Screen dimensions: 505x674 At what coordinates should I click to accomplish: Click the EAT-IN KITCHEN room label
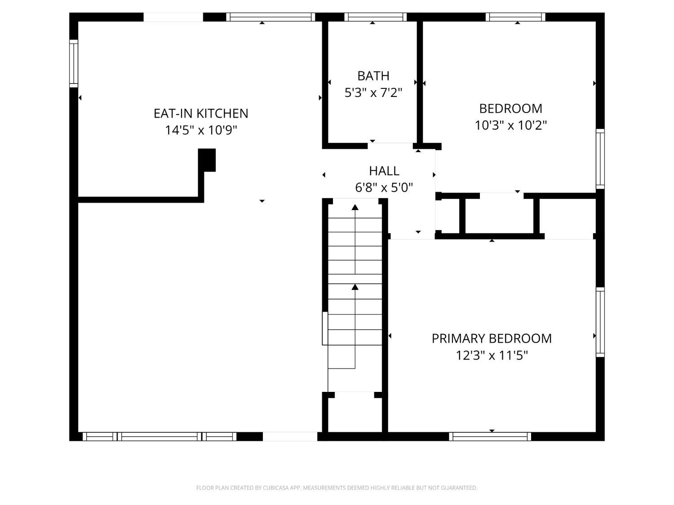[x=201, y=114]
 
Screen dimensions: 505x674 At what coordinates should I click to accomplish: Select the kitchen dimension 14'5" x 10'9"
[x=201, y=130]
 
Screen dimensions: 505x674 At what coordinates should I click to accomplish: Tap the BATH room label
[x=373, y=76]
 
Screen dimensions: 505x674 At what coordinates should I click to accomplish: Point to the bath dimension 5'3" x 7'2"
[x=373, y=93]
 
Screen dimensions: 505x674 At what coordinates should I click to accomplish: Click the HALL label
[x=384, y=171]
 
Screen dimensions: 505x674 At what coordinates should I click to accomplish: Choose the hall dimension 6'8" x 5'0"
[x=384, y=188]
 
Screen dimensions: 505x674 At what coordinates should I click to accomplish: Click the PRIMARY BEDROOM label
[x=492, y=338]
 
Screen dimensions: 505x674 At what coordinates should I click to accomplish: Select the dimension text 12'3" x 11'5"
[x=492, y=356]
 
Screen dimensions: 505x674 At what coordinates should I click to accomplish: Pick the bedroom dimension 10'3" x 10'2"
[x=510, y=125]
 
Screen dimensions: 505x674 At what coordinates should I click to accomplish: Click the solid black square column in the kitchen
[x=207, y=159]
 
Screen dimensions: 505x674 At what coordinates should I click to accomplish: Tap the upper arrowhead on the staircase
[x=355, y=207]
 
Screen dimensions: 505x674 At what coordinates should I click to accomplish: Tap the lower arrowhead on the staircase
[x=355, y=287]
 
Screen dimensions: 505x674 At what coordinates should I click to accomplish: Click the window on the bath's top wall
[x=375, y=17]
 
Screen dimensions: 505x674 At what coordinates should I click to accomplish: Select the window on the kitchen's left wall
[x=74, y=63]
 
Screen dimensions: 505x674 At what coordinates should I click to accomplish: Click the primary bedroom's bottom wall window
[x=490, y=436]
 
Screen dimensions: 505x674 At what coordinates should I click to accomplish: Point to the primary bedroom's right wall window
[x=600, y=322]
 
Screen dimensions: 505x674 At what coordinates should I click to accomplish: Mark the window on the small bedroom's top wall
[x=515, y=17]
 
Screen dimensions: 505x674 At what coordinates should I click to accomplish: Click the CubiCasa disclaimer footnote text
[x=337, y=488]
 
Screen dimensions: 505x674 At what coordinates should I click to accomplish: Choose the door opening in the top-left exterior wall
[x=173, y=17]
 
